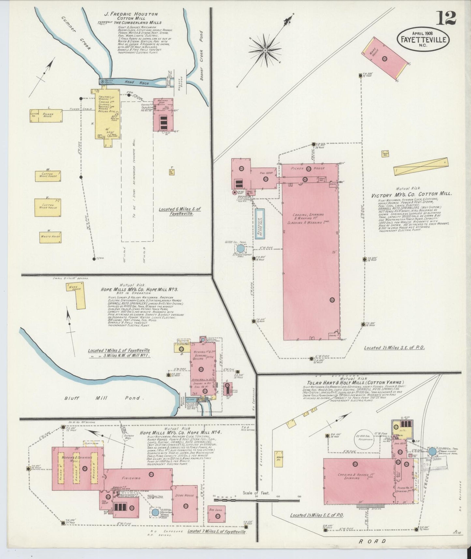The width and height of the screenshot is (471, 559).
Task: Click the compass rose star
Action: [265, 51]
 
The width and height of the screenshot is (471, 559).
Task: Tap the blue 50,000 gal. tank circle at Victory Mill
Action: [240, 249]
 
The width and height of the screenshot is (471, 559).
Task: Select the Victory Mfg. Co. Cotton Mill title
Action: [411, 194]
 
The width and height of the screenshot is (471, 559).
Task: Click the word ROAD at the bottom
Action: [372, 541]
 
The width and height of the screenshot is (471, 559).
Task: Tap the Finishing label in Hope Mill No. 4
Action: [132, 478]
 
